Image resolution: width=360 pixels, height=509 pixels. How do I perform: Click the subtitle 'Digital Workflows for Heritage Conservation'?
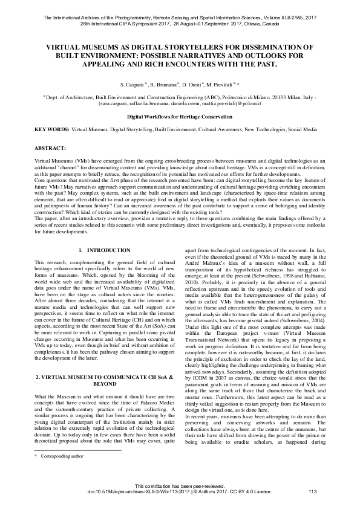pyautogui.click(x=179, y=115)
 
